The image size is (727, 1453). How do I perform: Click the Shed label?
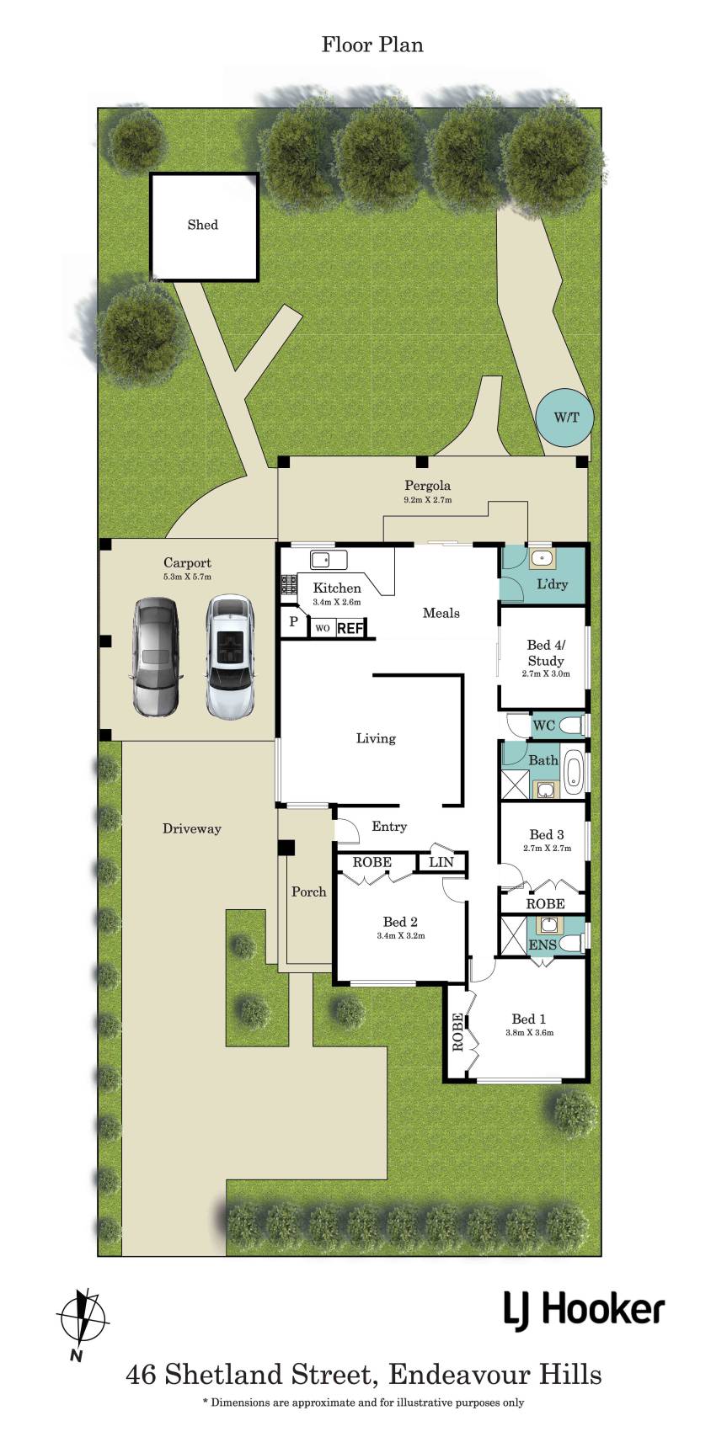pos(202,225)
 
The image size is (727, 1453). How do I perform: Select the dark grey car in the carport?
pos(155,657)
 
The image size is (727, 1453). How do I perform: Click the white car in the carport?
pos(229,657)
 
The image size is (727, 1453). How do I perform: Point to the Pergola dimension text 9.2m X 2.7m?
pos(428,500)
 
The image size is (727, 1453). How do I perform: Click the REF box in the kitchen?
pos(349,628)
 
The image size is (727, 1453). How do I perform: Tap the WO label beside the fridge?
pos(322,628)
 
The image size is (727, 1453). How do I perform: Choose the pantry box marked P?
pos(293,622)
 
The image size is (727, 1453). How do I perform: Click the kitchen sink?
pos(328,560)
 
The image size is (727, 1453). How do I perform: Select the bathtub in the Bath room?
pos(574,772)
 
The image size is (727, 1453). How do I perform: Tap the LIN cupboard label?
pos(441,862)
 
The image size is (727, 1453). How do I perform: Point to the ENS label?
pos(543,945)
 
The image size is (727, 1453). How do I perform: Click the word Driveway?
pos(192,829)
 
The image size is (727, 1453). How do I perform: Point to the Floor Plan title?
pos(372,45)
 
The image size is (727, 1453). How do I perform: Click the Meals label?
pos(441,613)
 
